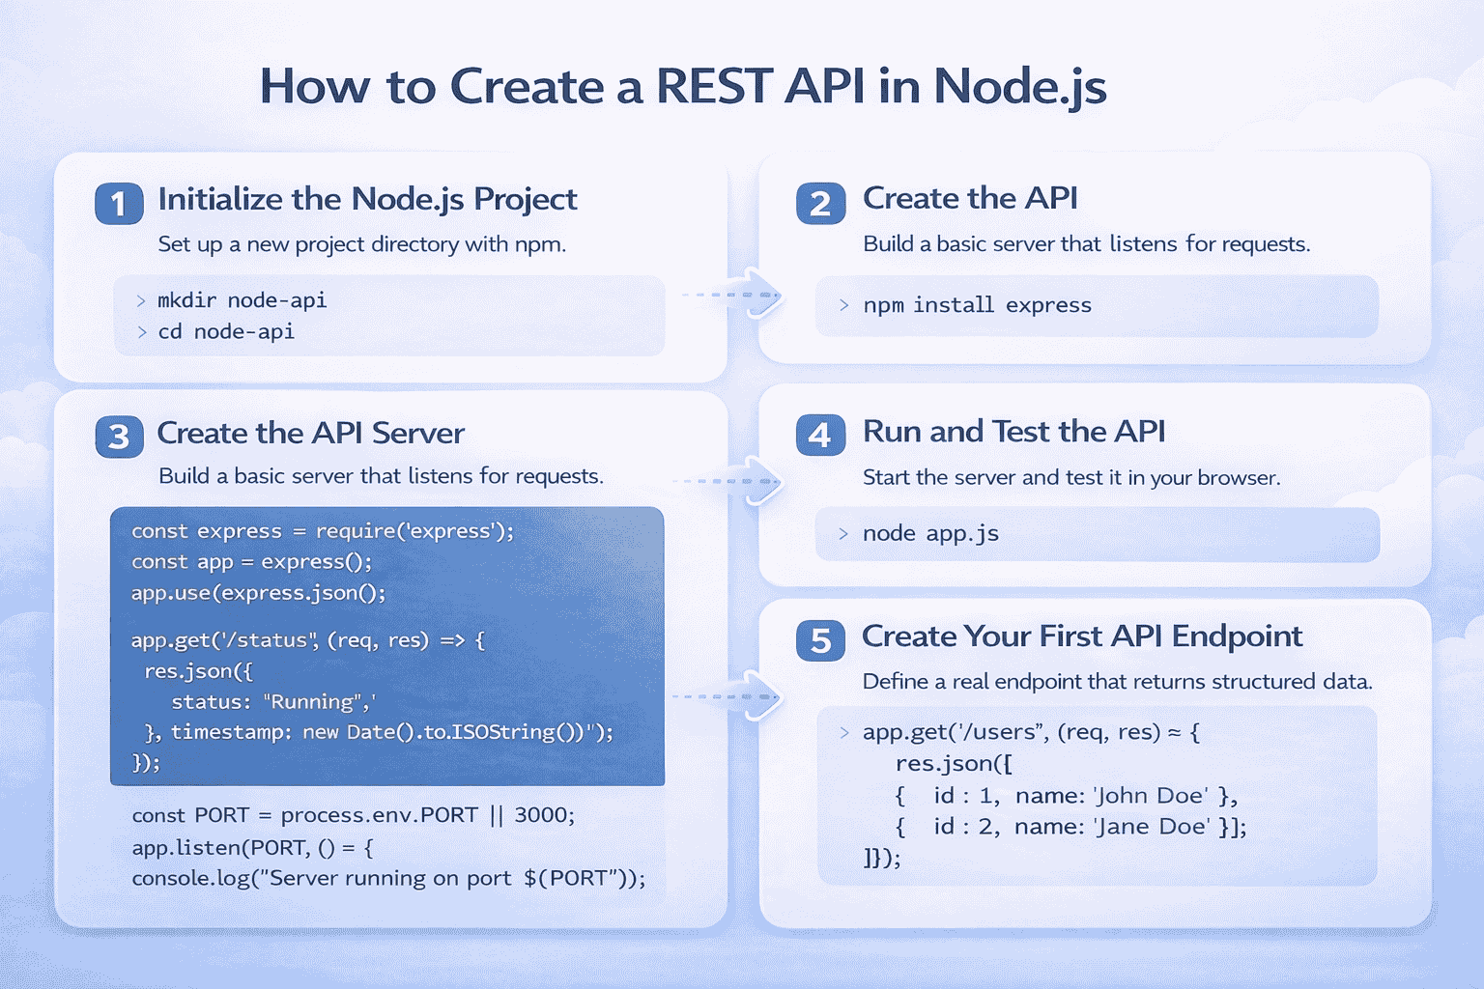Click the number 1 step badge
point(119,204)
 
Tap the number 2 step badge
point(820,204)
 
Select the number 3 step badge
point(119,437)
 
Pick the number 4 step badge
point(820,436)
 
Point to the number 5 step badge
point(820,640)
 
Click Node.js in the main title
point(1019,86)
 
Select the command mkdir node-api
point(242,300)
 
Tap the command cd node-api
point(225,331)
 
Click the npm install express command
point(977,305)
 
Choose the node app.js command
point(930,533)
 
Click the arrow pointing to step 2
point(759,296)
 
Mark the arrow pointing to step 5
point(759,696)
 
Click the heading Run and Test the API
point(1013,431)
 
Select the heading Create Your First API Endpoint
point(1082,636)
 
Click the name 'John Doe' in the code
point(1151,796)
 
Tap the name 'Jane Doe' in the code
point(1151,827)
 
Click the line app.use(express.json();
point(258,593)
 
